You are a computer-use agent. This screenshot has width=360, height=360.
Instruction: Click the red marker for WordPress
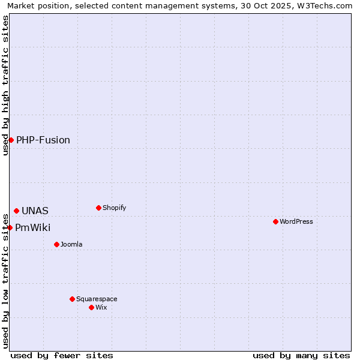point(275,221)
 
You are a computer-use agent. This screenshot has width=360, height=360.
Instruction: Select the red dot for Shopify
point(98,208)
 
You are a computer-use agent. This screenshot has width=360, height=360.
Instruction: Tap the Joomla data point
point(56,244)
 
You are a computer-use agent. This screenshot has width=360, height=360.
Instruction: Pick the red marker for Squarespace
point(72,299)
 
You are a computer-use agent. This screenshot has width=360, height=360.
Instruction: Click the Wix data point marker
point(91,307)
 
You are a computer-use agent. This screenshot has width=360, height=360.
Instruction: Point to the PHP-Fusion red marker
point(11,140)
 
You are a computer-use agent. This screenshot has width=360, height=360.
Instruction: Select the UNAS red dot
point(16,211)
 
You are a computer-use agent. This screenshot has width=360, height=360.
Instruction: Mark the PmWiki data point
point(10,227)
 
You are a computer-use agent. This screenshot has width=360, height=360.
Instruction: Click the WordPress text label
point(296,221)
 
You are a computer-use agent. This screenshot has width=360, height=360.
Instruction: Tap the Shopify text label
point(115,208)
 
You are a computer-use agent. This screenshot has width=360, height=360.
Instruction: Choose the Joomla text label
point(71,244)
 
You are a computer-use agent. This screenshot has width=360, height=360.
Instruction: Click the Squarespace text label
point(97,299)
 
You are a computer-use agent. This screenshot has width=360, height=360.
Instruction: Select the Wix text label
point(101,307)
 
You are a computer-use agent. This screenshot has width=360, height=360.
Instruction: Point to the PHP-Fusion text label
point(43,140)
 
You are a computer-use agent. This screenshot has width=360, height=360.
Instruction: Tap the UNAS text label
point(35,211)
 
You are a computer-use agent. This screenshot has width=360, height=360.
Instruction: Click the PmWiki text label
point(33,227)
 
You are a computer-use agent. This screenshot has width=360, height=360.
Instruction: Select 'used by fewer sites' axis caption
point(62,355)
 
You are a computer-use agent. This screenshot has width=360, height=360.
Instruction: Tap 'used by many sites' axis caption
point(301,355)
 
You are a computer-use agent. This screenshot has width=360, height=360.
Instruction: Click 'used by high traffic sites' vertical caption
point(5,85)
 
